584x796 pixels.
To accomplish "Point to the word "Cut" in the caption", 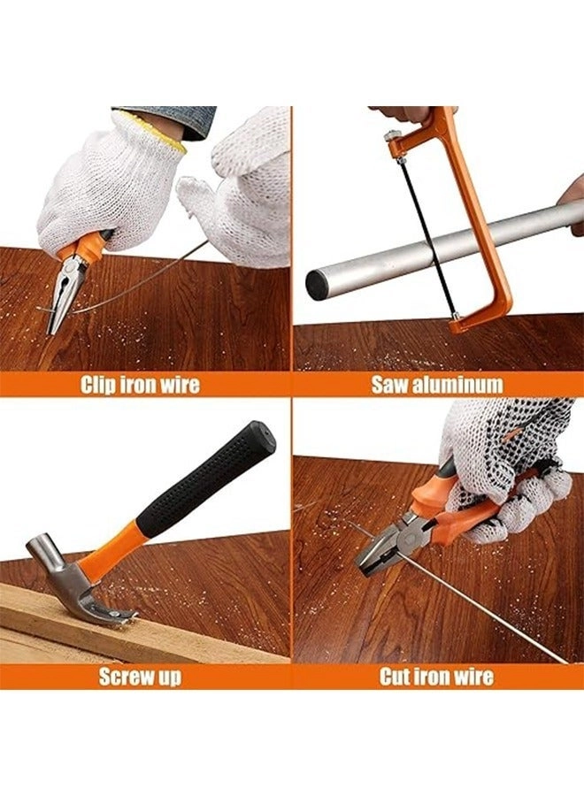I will [x=397, y=677].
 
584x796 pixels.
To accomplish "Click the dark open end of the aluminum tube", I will [x=318, y=285].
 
